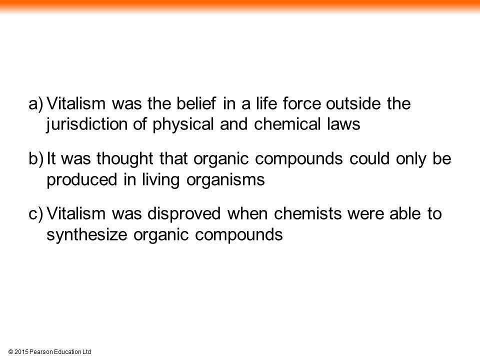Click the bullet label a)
click(36, 104)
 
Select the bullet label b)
click(36, 158)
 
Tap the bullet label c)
click(36, 213)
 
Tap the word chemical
click(287, 124)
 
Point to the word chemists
click(307, 213)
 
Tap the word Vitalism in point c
click(76, 213)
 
